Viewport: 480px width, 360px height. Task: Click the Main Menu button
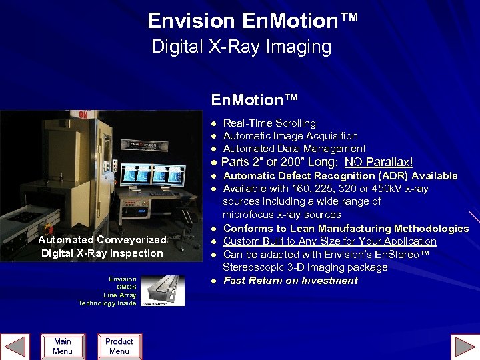(x=62, y=346)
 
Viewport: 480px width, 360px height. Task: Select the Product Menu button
(x=119, y=346)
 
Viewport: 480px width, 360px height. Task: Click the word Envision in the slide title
(x=192, y=21)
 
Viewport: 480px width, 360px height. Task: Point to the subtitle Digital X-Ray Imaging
(x=241, y=47)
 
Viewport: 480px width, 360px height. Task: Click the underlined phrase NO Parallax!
(x=379, y=162)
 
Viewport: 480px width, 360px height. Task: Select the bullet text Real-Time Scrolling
(x=269, y=123)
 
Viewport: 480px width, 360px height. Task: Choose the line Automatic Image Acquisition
(x=290, y=136)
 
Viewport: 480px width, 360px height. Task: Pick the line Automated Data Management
(x=294, y=149)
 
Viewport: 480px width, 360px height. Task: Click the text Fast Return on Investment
(x=290, y=281)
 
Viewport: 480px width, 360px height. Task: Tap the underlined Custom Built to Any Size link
(x=329, y=241)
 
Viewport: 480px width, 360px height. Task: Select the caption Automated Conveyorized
(x=102, y=240)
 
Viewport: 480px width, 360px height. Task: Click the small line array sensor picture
(x=163, y=291)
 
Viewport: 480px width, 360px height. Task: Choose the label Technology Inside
(x=107, y=303)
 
